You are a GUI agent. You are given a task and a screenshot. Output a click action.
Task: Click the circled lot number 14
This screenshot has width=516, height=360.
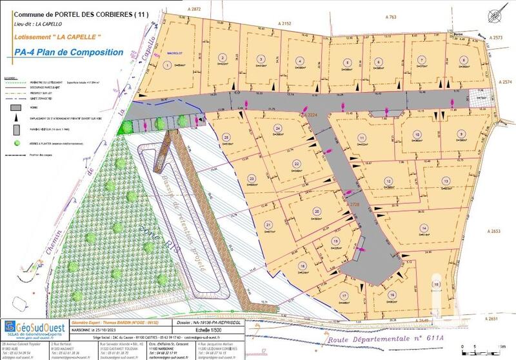click(x=424, y=228)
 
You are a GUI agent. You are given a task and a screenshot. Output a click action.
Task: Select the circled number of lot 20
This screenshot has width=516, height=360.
click(x=317, y=211)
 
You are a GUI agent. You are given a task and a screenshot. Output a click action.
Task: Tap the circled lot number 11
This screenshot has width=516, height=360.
click(x=362, y=139)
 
